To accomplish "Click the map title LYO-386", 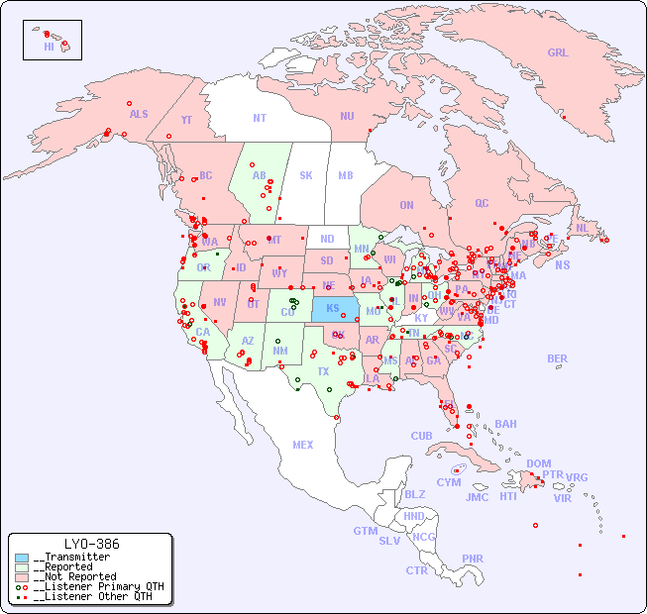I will [91, 544].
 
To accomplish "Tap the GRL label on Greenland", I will [558, 53].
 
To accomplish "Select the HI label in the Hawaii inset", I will [49, 47].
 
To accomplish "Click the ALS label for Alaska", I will [139, 114].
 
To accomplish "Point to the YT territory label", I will [186, 120].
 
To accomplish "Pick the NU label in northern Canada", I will [347, 116].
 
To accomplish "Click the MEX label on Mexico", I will [303, 445].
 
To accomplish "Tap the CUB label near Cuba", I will [421, 436].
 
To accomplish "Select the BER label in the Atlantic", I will [557, 358].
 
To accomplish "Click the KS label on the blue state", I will [332, 307].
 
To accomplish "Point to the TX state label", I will [322, 371].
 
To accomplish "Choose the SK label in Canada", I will [306, 175].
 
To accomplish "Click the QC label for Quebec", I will [482, 203].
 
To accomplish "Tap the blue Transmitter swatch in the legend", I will [22, 558].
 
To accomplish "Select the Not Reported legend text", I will [74, 576].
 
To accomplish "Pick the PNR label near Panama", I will [473, 559].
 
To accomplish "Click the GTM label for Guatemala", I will [365, 531].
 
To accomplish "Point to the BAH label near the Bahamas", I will [505, 424].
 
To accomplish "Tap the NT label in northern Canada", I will [260, 117].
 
